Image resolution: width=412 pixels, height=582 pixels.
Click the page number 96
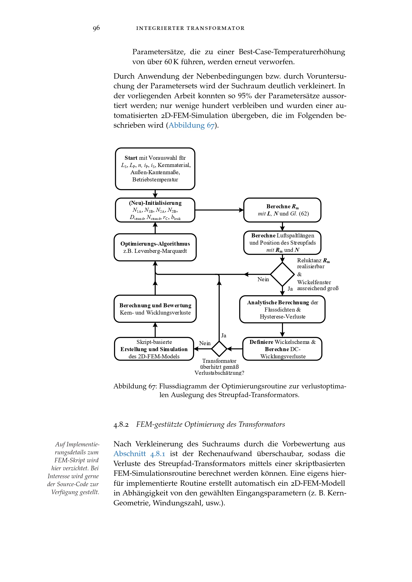pyautogui.click(x=96, y=28)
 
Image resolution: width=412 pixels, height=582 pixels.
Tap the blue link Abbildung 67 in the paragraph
pyautogui.click(x=192, y=125)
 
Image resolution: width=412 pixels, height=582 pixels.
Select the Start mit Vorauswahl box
pyautogui.click(x=155, y=168)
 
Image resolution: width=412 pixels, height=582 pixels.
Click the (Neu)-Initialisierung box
pyautogui.click(x=155, y=210)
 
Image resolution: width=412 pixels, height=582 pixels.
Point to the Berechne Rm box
pyautogui.click(x=282, y=210)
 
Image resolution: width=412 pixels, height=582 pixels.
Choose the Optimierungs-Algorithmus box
pyautogui.click(x=155, y=247)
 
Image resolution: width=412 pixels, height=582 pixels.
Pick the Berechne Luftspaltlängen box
pyautogui.click(x=282, y=243)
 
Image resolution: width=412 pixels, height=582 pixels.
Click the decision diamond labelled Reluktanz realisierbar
pyautogui.click(x=282, y=274)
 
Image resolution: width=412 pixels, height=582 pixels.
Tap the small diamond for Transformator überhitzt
pyautogui.click(x=219, y=349)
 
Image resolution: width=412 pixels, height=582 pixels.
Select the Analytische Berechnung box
pyautogui.click(x=282, y=309)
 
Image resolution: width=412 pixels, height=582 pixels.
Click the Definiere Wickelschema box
pyautogui.click(x=282, y=349)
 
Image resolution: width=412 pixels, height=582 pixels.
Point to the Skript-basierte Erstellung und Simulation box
pyautogui.click(x=154, y=349)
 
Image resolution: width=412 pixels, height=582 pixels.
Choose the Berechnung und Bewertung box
pyautogui.click(x=155, y=309)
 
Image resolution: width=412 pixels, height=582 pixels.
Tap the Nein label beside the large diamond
pyautogui.click(x=263, y=279)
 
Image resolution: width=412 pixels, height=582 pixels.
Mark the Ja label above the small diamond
pyautogui.click(x=223, y=336)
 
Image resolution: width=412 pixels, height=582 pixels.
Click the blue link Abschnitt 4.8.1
pyautogui.click(x=139, y=454)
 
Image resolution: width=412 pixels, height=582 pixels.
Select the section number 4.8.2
pyautogui.click(x=121, y=424)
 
